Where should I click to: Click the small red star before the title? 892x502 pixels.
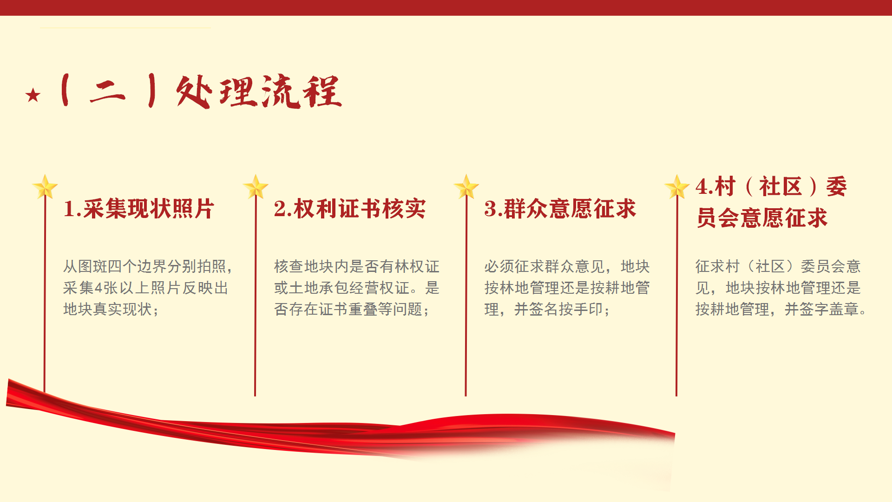click(33, 95)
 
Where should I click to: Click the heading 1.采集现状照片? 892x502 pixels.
click(138, 209)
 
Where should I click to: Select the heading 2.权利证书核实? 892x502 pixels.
click(349, 209)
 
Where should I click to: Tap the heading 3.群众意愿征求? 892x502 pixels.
click(560, 209)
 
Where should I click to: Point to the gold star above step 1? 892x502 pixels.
click(45, 187)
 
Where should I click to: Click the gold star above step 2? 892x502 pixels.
click(256, 187)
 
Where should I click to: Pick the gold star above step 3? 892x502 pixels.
click(466, 187)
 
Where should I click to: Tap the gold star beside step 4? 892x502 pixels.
click(677, 187)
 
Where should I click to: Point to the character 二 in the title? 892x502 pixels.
click(107, 92)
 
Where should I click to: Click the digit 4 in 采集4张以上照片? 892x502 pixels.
click(98, 288)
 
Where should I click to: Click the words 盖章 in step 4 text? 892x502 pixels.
click(844, 309)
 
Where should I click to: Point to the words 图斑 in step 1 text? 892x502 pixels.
click(93, 266)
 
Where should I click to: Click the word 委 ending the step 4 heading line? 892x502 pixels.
click(836, 187)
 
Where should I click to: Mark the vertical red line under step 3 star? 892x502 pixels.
click(466, 297)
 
